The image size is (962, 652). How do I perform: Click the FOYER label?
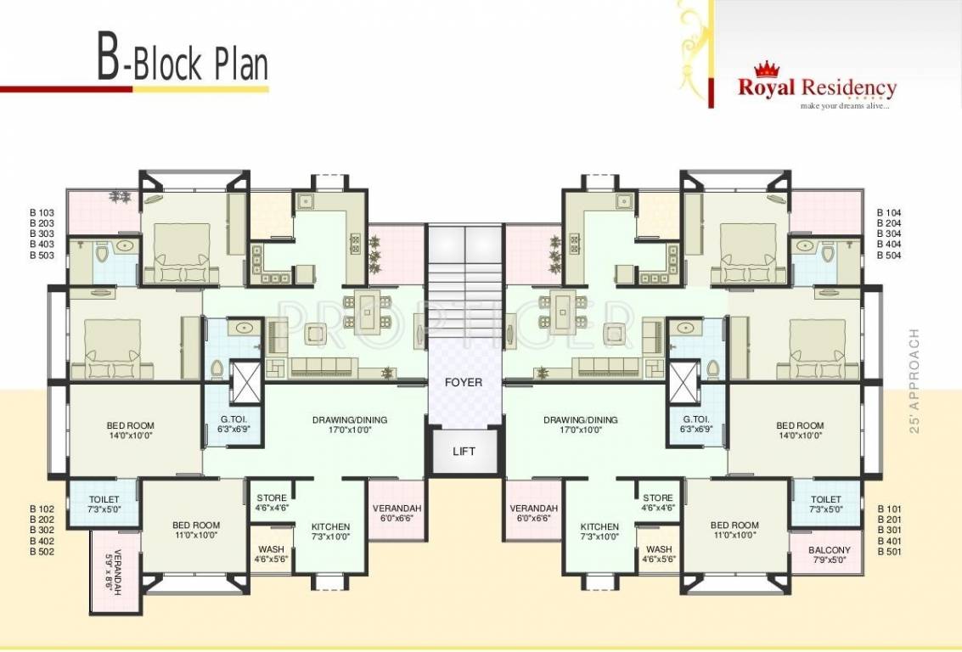pyautogui.click(x=464, y=382)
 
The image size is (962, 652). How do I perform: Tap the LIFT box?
pyautogui.click(x=464, y=452)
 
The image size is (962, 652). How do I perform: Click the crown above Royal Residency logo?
pyautogui.click(x=767, y=70)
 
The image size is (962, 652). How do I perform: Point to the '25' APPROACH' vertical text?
pyautogui.click(x=914, y=381)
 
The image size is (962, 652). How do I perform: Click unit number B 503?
pyautogui.click(x=42, y=256)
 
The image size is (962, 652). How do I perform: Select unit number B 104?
pyautogui.click(x=889, y=212)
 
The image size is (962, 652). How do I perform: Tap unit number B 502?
pyautogui.click(x=42, y=552)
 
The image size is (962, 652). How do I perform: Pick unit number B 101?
pyautogui.click(x=889, y=509)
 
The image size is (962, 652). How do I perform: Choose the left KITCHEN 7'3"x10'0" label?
pyautogui.click(x=330, y=531)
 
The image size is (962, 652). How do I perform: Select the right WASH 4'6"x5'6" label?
pyautogui.click(x=658, y=554)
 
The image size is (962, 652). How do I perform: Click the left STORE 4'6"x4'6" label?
pyautogui.click(x=271, y=503)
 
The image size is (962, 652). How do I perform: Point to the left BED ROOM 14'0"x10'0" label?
pyautogui.click(x=131, y=430)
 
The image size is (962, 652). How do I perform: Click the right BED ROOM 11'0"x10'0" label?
pyautogui.click(x=734, y=531)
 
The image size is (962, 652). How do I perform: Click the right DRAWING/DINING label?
pyautogui.click(x=581, y=424)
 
